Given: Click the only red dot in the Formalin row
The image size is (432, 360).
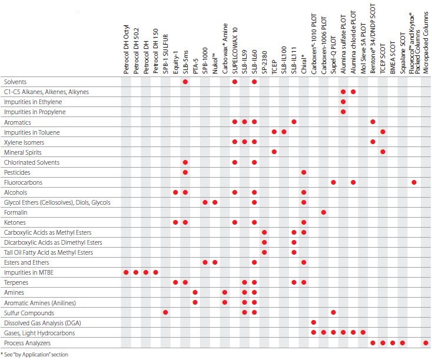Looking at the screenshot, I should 323,212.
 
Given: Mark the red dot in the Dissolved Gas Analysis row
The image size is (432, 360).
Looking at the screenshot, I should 313,322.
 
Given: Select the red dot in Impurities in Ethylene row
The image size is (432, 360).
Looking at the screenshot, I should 343,102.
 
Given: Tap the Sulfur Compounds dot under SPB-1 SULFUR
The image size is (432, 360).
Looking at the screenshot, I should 165,312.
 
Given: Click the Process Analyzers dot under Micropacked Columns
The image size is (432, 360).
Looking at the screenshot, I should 425,342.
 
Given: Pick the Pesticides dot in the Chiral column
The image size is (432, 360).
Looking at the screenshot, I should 304,172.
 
